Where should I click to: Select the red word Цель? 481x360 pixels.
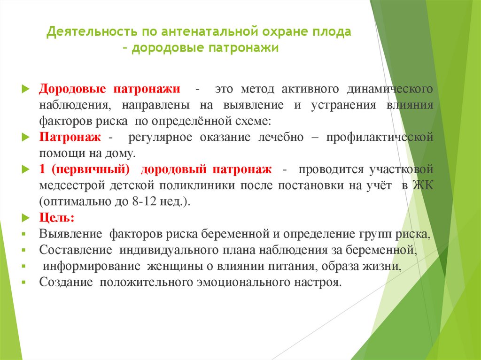tap(56, 218)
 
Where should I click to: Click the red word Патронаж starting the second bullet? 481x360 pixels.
tap(70, 138)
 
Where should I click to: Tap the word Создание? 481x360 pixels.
tap(64, 282)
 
